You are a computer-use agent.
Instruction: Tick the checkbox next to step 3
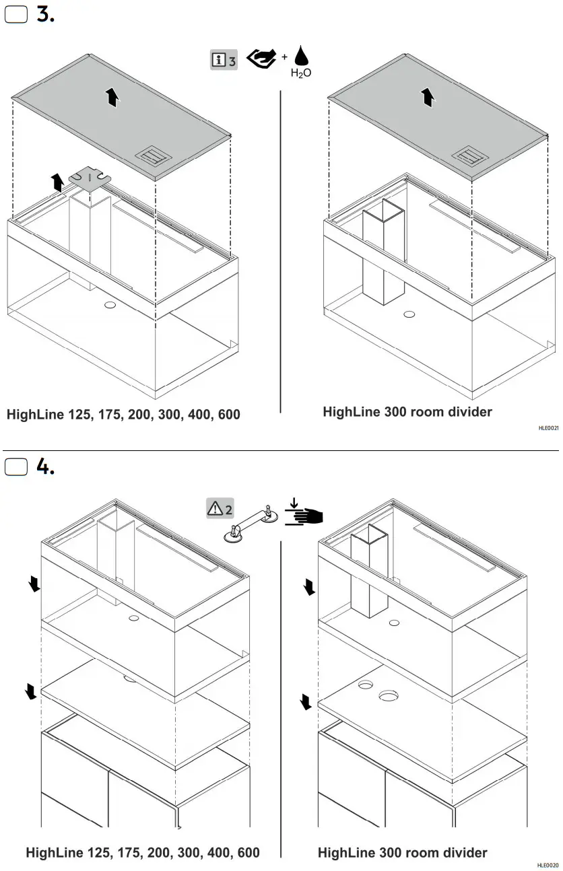(15, 15)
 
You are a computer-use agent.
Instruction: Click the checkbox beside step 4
(15, 466)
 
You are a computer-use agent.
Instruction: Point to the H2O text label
(301, 73)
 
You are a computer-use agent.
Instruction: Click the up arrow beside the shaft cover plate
(58, 181)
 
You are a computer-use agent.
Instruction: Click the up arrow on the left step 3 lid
(112, 98)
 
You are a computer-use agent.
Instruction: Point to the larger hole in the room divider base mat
(389, 695)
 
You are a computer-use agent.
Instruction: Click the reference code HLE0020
(548, 865)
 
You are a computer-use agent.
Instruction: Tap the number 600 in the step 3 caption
(227, 415)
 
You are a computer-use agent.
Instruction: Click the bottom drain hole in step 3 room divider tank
(409, 314)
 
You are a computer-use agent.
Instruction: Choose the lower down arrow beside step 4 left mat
(30, 691)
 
